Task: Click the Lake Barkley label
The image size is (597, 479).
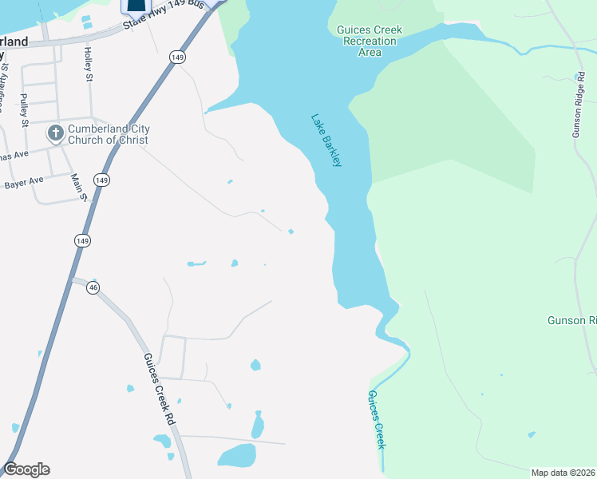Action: [326, 141]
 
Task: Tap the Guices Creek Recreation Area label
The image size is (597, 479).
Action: [370, 41]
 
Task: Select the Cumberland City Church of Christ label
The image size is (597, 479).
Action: [109, 134]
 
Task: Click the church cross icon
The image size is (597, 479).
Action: [55, 133]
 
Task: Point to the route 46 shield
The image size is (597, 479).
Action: [93, 287]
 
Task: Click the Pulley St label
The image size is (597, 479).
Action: [24, 111]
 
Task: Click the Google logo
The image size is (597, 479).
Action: [26, 469]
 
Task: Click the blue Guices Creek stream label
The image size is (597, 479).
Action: [377, 419]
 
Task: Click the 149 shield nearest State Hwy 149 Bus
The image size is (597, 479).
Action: [177, 57]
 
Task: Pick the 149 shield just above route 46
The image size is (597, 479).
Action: [83, 239]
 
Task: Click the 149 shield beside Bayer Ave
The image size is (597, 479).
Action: [101, 180]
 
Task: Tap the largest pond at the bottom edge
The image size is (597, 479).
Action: [236, 456]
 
